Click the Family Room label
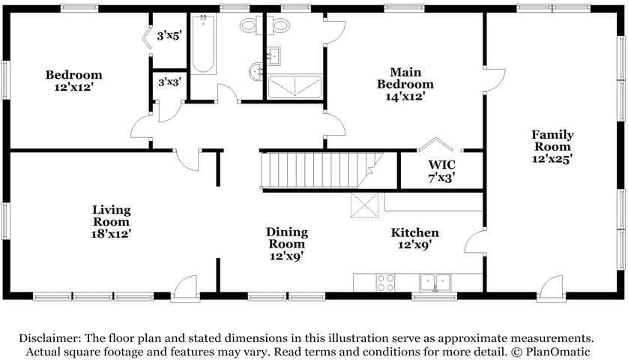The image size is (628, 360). click(552, 140)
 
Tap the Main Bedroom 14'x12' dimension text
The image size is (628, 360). click(405, 97)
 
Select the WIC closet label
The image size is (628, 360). click(441, 165)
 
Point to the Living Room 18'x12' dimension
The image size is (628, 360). click(112, 234)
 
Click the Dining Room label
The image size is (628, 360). click(287, 238)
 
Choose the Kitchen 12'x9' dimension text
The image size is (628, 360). click(414, 244)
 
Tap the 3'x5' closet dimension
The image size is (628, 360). click(169, 36)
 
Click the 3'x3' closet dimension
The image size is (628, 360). click(170, 82)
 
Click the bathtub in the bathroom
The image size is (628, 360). click(203, 44)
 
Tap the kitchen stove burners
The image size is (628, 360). click(385, 283)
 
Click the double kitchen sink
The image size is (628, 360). click(435, 283)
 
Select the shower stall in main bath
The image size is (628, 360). click(295, 87)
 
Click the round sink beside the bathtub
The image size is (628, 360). click(256, 72)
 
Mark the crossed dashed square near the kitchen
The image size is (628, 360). click(364, 205)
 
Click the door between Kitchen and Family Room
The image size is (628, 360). click(475, 241)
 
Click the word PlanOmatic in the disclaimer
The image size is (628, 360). click(558, 352)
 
